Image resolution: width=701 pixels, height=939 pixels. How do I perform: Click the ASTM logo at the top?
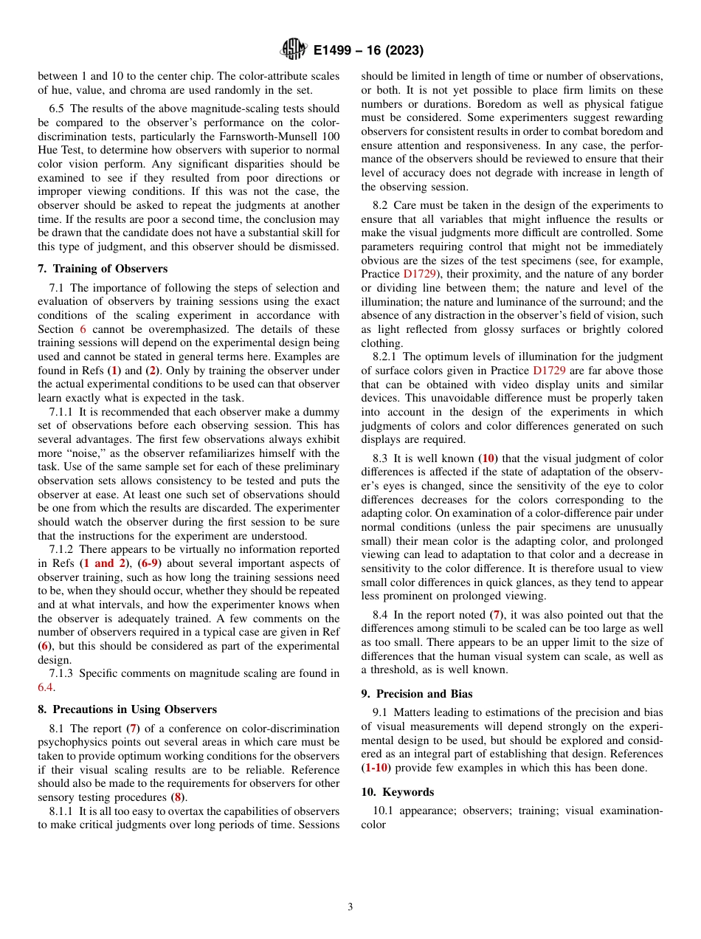pyautogui.click(x=294, y=50)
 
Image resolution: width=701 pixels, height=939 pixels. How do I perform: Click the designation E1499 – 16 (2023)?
pyautogui.click(x=367, y=50)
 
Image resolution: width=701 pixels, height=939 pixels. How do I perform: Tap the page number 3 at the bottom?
pyautogui.click(x=350, y=907)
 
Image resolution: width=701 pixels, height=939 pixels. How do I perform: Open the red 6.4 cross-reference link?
pyautogui.click(x=46, y=687)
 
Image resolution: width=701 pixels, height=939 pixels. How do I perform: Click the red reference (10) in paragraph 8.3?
pyautogui.click(x=488, y=458)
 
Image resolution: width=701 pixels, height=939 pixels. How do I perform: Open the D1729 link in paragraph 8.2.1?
pyautogui.click(x=549, y=371)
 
